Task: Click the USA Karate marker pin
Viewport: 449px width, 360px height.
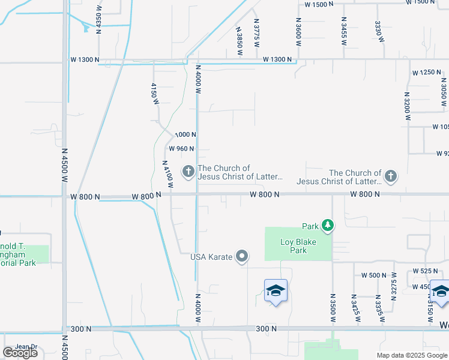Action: [x=242, y=256]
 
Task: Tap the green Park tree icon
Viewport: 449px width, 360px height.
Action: [x=328, y=226]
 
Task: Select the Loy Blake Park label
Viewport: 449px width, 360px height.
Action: [x=294, y=246]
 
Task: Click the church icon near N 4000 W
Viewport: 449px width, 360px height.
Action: [x=188, y=172]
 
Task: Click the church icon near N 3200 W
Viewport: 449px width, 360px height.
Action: [x=391, y=176]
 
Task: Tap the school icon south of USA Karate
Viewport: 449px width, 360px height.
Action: [x=276, y=291]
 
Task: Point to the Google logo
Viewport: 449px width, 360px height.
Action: [x=20, y=353]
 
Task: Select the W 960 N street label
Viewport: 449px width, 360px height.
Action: [x=181, y=149]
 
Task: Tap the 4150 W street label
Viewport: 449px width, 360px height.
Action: [x=154, y=94]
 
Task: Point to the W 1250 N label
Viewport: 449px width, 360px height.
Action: [x=426, y=73]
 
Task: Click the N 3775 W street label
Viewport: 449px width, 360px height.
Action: [x=256, y=29]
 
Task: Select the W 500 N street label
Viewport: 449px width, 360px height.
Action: [x=374, y=275]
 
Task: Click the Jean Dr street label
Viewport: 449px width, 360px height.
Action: [x=26, y=347]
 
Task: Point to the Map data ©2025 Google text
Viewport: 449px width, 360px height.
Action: [x=411, y=355]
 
